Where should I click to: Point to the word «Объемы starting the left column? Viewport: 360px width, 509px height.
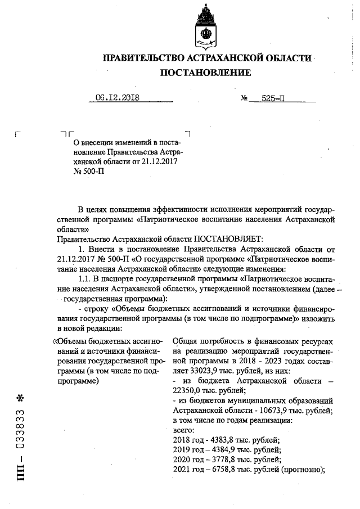coord(70,341)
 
